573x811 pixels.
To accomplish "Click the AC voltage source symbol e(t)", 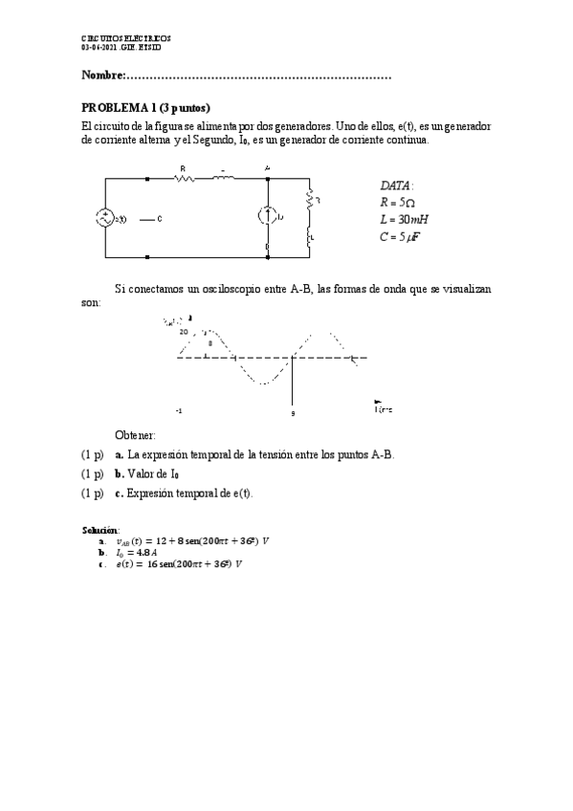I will point(104,218).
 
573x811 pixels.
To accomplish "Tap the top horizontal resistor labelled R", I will point(184,179).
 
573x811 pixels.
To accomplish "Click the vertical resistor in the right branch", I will point(309,201).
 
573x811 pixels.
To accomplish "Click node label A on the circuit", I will point(267,168).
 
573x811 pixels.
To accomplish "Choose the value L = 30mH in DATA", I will point(404,220).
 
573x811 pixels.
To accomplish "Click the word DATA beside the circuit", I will point(396,186).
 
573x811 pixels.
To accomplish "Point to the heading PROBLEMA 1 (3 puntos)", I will point(145,107).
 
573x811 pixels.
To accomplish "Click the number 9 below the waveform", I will point(293,413).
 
